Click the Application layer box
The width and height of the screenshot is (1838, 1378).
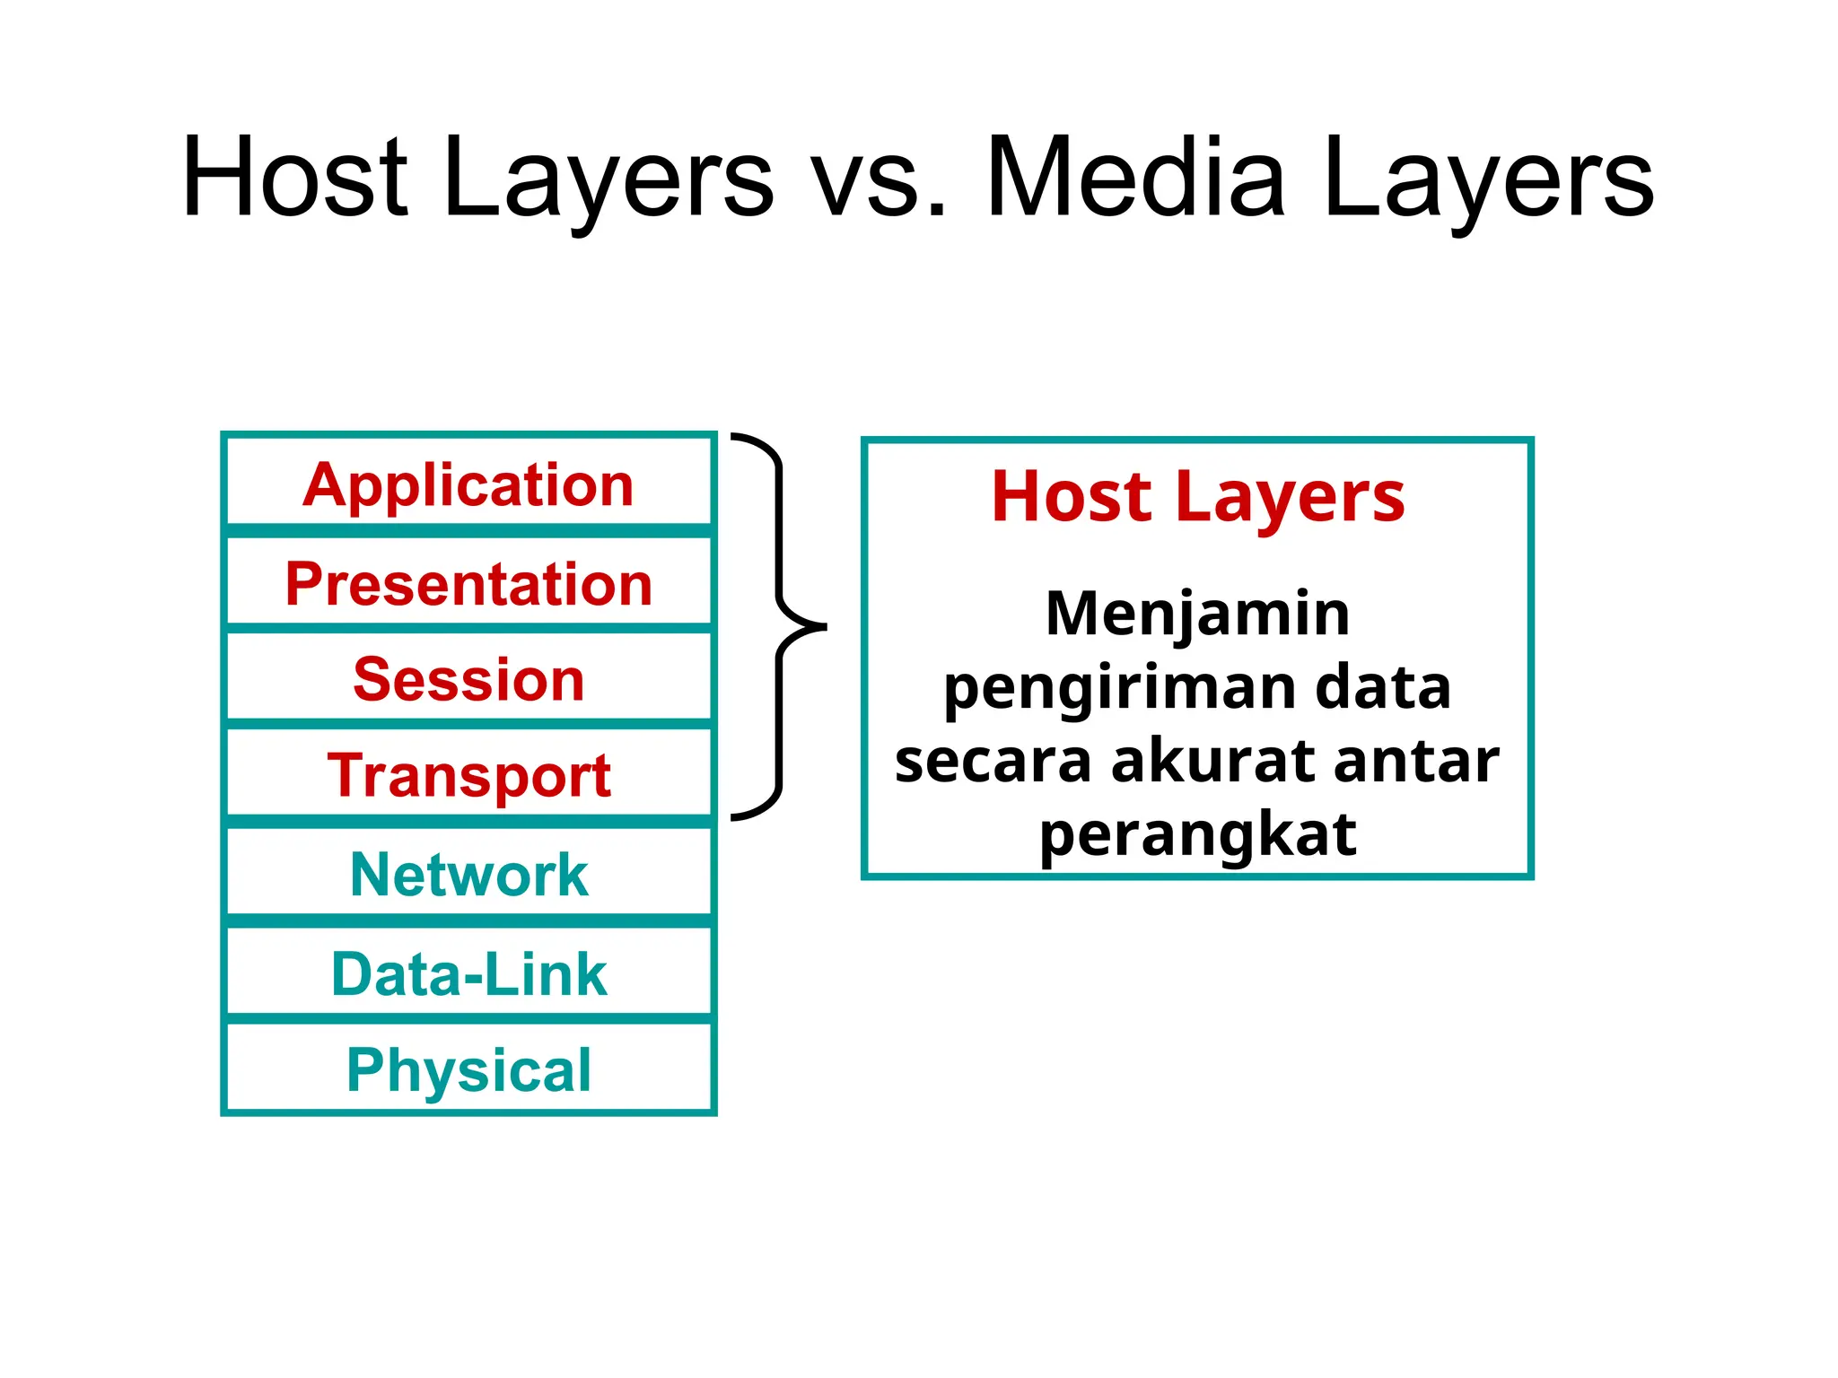[468, 484]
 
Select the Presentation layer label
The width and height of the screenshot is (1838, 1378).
[468, 584]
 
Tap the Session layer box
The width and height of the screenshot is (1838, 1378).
[468, 679]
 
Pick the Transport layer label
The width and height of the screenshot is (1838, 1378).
[468, 775]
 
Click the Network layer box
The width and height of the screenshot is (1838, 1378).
[468, 875]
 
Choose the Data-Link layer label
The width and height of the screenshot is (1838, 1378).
[468, 974]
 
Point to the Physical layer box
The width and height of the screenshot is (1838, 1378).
[468, 1069]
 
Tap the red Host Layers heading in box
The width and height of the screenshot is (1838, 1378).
[1197, 497]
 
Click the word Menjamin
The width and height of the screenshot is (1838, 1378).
[1197, 614]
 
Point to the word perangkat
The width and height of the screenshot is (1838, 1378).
[1197, 834]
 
